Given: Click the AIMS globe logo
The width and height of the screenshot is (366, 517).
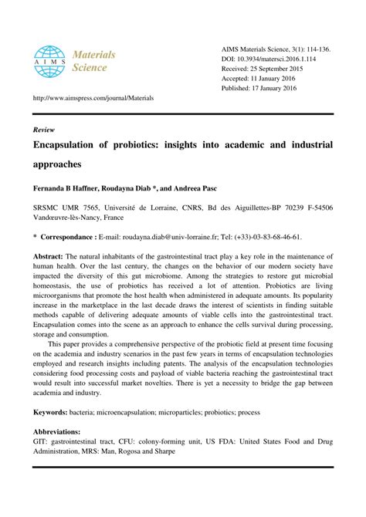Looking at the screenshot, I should pyautogui.click(x=49, y=63).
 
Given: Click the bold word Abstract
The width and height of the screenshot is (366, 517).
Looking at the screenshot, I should pyautogui.click(x=48, y=256).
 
